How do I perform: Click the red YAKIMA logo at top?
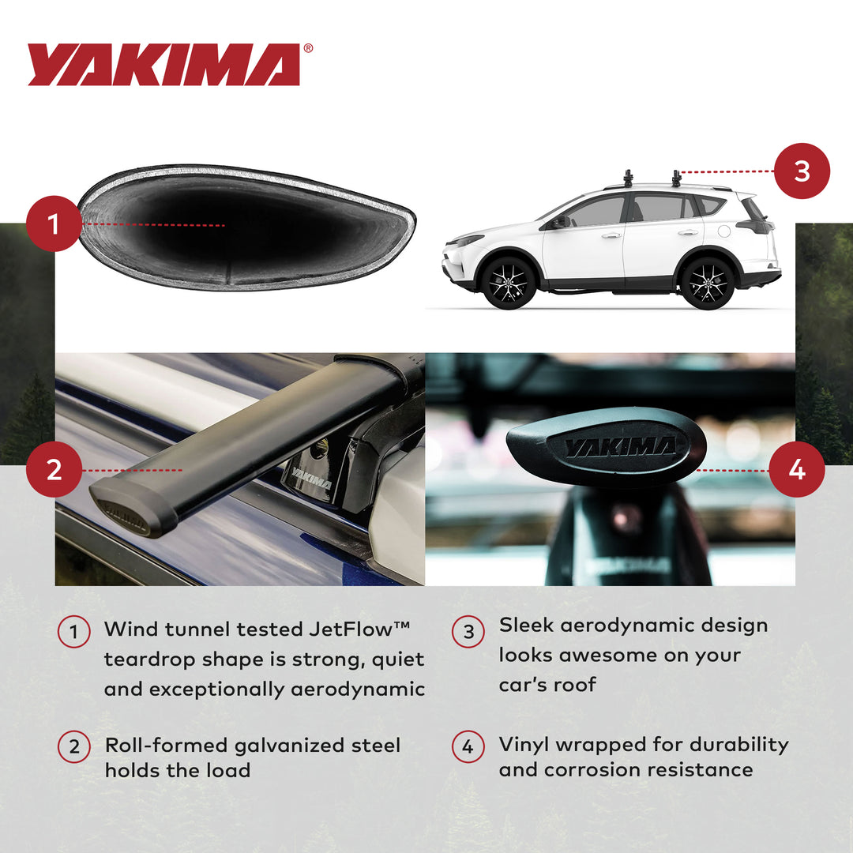point(163,65)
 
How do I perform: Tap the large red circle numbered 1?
point(54,224)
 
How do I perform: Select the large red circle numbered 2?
point(54,470)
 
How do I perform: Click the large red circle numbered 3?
point(802,171)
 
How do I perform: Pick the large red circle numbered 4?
point(796,470)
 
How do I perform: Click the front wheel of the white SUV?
point(508,281)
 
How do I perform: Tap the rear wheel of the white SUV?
point(707,281)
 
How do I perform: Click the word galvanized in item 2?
point(306,746)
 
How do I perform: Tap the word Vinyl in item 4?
point(525,745)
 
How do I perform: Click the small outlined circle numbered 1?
point(73,633)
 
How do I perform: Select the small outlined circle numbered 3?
point(468,632)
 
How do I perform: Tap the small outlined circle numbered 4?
point(468,747)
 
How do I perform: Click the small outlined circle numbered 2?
point(73,747)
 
